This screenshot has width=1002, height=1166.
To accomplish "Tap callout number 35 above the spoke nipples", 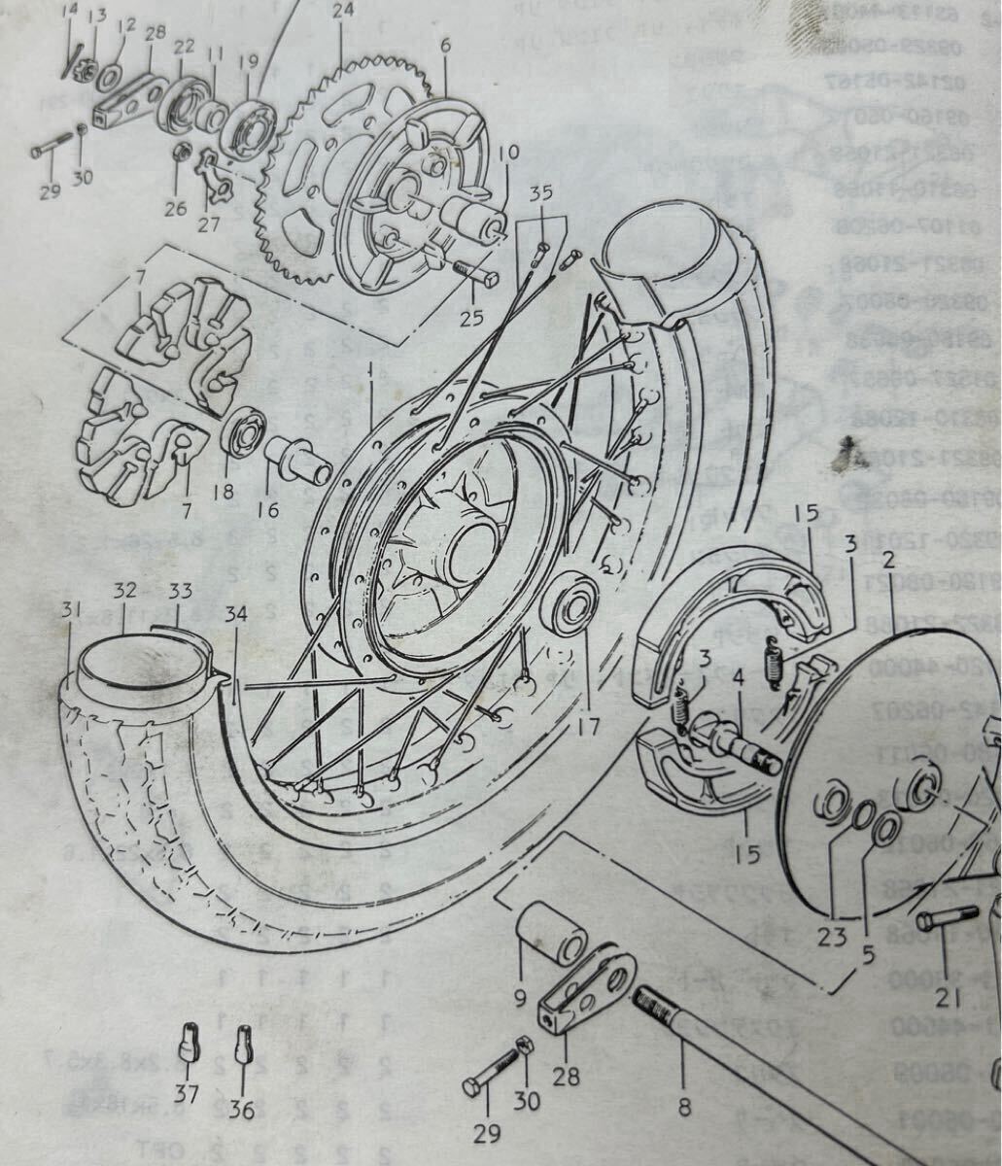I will pos(541,193).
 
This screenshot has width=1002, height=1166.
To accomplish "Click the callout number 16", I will pos(268,510).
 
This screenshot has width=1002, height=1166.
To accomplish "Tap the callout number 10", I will pos(509,154).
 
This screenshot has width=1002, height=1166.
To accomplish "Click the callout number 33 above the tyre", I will pos(181,590).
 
